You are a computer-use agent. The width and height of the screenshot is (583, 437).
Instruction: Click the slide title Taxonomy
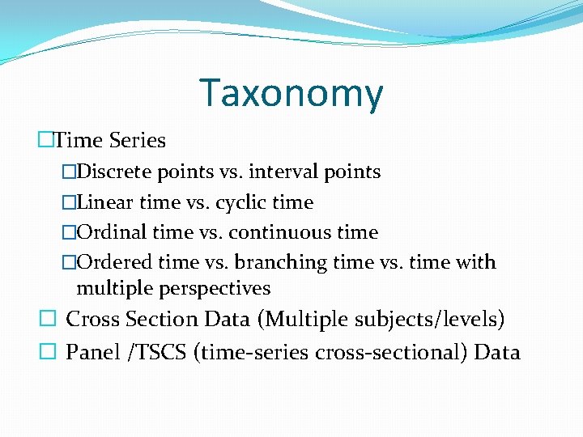291,94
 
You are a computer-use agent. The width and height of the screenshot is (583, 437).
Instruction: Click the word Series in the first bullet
137,141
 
